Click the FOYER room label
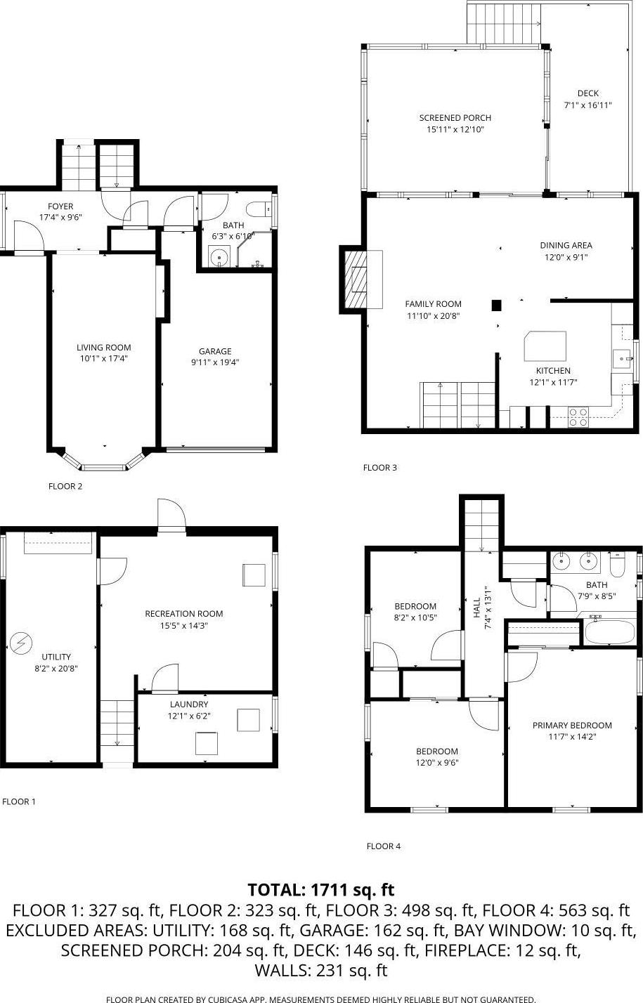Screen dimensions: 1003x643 coord(60,206)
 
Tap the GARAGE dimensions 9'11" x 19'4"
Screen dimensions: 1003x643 coord(215,362)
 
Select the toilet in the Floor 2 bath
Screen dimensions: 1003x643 coord(258,209)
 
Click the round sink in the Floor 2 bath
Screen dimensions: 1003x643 coord(221,257)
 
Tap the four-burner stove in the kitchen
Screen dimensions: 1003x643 coord(578,417)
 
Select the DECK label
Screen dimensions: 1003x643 coord(588,93)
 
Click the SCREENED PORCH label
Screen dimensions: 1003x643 coord(455,118)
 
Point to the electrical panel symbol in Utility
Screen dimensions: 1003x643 coord(21,642)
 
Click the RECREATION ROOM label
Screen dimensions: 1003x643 coord(184,614)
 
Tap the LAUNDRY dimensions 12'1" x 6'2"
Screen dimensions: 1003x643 coord(188,716)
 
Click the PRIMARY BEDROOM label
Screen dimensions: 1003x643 coord(572,726)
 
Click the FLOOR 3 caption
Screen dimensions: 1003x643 coord(380,468)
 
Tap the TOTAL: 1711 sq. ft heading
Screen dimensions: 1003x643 coord(321,890)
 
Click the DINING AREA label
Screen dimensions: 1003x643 coord(566,245)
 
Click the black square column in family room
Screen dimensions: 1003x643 coord(496,305)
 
